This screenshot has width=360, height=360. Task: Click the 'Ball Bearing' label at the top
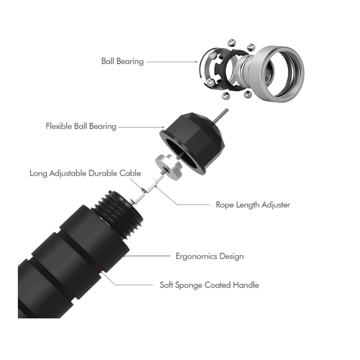(122, 61)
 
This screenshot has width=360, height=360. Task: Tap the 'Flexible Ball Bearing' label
(81, 126)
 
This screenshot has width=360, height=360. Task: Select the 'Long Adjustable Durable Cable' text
(85, 173)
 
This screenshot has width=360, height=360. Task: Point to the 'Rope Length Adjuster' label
(253, 205)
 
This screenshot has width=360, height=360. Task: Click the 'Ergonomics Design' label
(210, 256)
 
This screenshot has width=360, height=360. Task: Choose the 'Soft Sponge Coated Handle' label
(209, 285)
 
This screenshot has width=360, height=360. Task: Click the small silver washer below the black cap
(168, 166)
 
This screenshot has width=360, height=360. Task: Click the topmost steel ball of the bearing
(231, 43)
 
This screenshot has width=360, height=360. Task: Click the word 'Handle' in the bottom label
(246, 285)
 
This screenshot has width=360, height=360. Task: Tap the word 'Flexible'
(59, 126)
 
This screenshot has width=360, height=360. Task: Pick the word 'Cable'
(130, 173)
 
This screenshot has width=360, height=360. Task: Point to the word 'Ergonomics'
(196, 256)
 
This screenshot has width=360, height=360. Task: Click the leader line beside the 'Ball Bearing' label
(172, 62)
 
